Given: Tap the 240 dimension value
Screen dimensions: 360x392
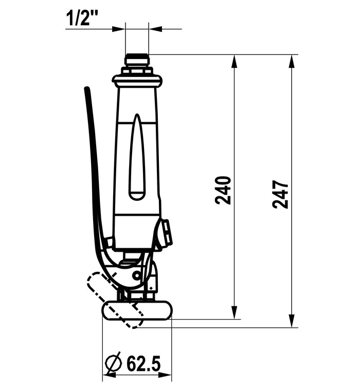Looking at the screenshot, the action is pos(223,191).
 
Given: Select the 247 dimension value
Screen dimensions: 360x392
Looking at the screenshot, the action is pos(280,194).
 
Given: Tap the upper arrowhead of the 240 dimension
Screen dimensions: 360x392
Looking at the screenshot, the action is pos(234,61).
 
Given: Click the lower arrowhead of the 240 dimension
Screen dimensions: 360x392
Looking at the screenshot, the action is pos(234,312).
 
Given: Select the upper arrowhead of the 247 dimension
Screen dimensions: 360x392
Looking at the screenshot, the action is pos(292,61).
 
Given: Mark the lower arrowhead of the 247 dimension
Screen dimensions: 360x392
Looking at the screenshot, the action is pos(292,321).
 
